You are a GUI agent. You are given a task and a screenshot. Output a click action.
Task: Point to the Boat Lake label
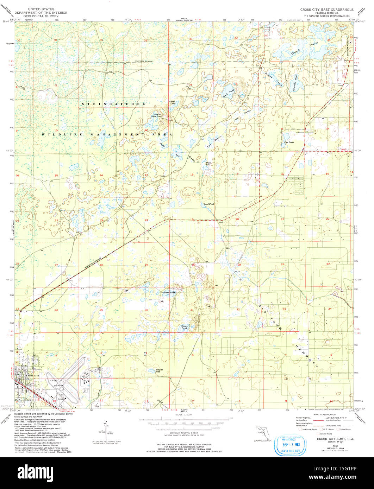[169, 292]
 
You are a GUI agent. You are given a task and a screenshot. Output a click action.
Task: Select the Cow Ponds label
[289, 142]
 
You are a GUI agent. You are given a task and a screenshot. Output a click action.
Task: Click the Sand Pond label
[209, 204]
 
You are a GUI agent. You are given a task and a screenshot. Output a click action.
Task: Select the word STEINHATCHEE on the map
[114, 104]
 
